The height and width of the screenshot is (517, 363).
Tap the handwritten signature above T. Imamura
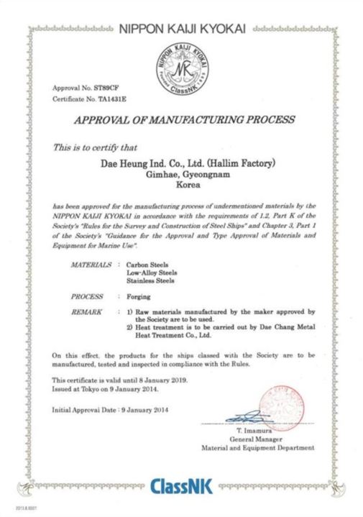point(248,417)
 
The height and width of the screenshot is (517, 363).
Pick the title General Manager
point(256,439)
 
